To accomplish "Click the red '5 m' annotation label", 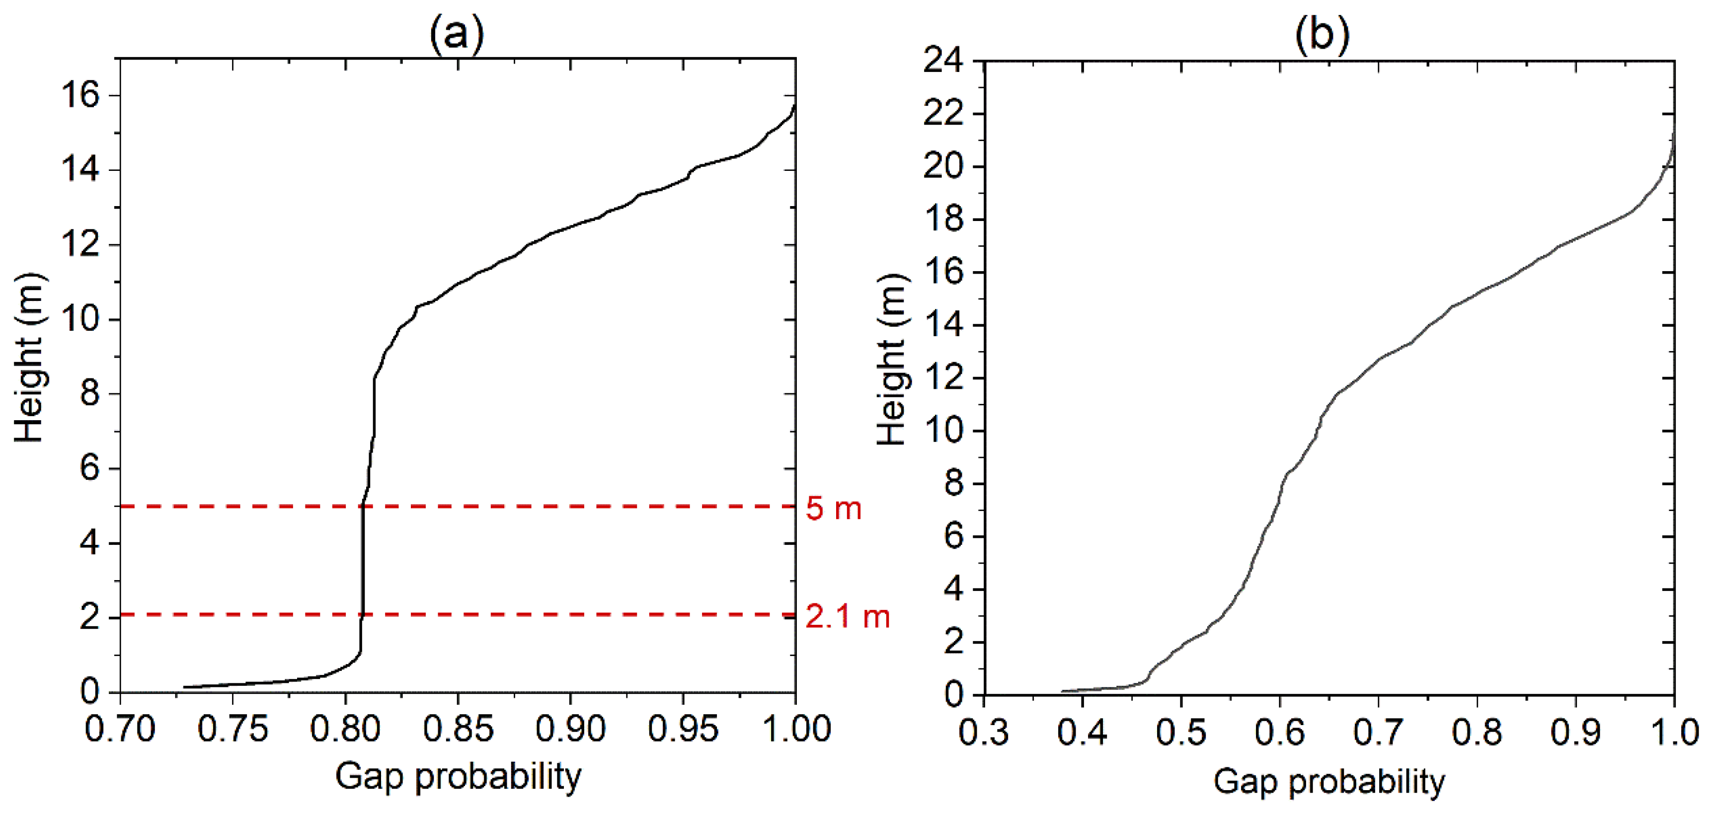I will point(833,509).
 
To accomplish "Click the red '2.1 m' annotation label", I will point(847,617).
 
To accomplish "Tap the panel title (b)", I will point(1322,33).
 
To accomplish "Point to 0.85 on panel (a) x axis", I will point(458,729).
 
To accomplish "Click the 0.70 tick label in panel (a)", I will point(120,729).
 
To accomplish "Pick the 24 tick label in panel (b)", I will point(943,61).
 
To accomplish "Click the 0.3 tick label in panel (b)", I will point(984,733).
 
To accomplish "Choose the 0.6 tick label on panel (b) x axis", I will point(1279,733).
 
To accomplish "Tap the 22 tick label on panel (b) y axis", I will point(943,114).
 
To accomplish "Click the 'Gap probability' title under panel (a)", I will point(458,776).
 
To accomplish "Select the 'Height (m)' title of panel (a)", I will point(29,357).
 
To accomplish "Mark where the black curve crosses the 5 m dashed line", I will point(362,507).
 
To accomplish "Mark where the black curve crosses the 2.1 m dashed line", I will point(362,614).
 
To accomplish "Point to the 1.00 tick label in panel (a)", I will point(796,729).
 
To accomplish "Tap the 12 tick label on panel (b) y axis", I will point(943,378).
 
